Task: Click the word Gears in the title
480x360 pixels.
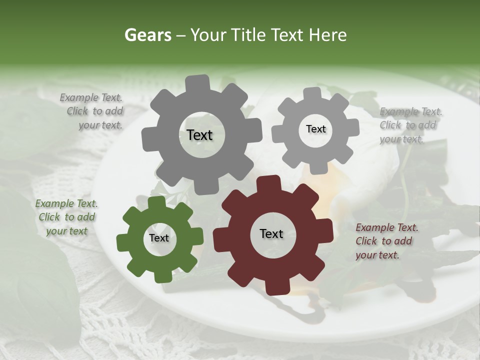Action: (x=147, y=35)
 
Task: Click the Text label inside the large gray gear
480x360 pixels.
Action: (x=199, y=135)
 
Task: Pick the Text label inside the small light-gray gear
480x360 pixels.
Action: (x=315, y=129)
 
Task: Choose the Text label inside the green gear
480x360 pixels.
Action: (x=159, y=238)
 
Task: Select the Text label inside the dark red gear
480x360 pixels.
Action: (x=271, y=233)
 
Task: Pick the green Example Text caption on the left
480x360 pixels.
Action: (x=66, y=217)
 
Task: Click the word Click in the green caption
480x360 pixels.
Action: (x=49, y=217)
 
